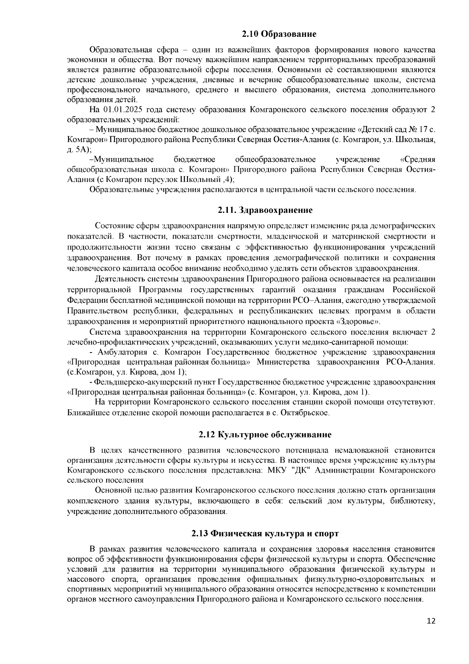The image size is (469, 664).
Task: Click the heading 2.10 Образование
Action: pos(279,34)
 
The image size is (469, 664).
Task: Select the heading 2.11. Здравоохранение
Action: pos(265,211)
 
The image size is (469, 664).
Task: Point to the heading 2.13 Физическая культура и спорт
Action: pos(265,534)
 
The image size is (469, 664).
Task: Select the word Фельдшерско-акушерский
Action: pos(155,382)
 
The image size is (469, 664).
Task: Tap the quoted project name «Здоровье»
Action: pos(358,322)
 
